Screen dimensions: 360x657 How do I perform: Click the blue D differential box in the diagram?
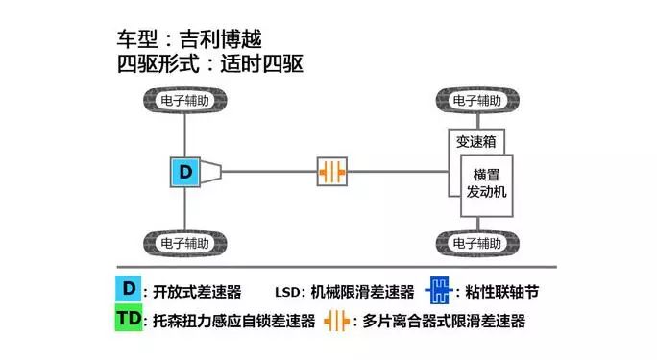click(x=184, y=173)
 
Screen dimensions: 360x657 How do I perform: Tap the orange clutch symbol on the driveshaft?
click(x=332, y=173)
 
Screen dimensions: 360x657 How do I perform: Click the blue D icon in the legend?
click(x=127, y=289)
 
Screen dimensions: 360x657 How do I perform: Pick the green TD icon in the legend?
click(x=128, y=321)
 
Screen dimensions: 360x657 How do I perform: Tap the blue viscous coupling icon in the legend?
click(x=441, y=290)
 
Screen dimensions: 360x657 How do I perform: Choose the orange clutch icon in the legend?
click(x=338, y=321)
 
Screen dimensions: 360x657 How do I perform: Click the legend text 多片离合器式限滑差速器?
click(x=448, y=322)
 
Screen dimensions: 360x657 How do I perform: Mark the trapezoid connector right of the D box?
click(x=213, y=173)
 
